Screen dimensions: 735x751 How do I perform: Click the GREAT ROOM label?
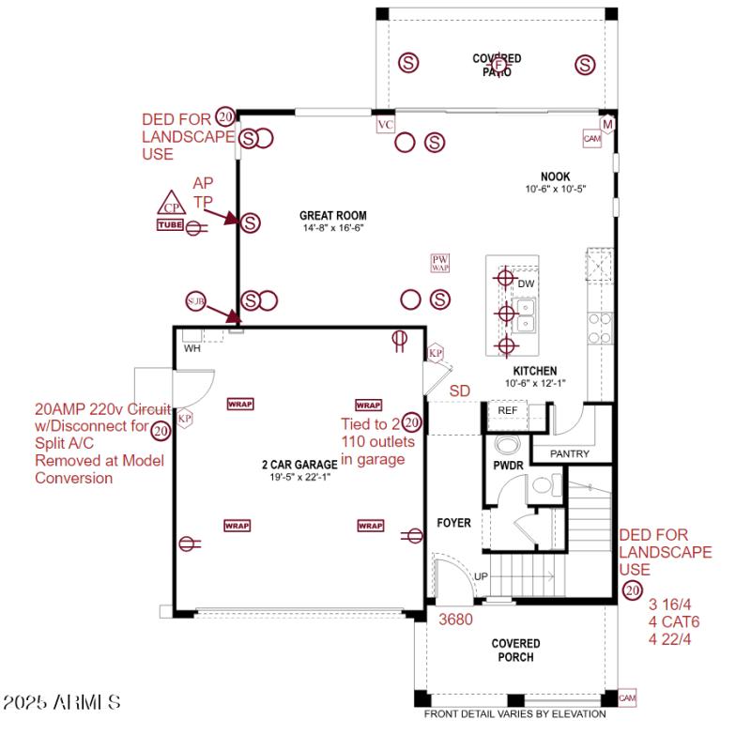point(332,215)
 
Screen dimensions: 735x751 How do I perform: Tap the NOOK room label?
point(555,176)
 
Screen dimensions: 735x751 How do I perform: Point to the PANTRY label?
point(569,454)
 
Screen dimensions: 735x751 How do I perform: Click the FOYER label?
point(453,523)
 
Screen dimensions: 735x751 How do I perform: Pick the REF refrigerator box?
point(507,411)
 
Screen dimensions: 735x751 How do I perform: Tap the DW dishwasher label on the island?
point(526,283)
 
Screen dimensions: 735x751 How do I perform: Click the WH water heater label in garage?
point(192,348)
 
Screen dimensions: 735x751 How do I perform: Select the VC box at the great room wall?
point(385,125)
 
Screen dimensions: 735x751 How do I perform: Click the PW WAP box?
point(440,263)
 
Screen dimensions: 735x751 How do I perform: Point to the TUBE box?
point(170,224)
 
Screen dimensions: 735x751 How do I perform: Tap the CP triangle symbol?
point(170,206)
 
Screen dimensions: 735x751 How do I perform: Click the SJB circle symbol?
point(195,300)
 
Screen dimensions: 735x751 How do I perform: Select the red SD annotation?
point(460,390)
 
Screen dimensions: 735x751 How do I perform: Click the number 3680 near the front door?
point(455,620)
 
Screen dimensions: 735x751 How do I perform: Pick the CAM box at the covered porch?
point(627,698)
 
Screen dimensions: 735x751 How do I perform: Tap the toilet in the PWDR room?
point(508,444)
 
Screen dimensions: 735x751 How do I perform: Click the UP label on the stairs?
point(480,575)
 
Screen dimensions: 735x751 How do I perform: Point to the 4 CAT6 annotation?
point(674,621)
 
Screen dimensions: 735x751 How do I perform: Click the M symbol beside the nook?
point(607,125)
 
